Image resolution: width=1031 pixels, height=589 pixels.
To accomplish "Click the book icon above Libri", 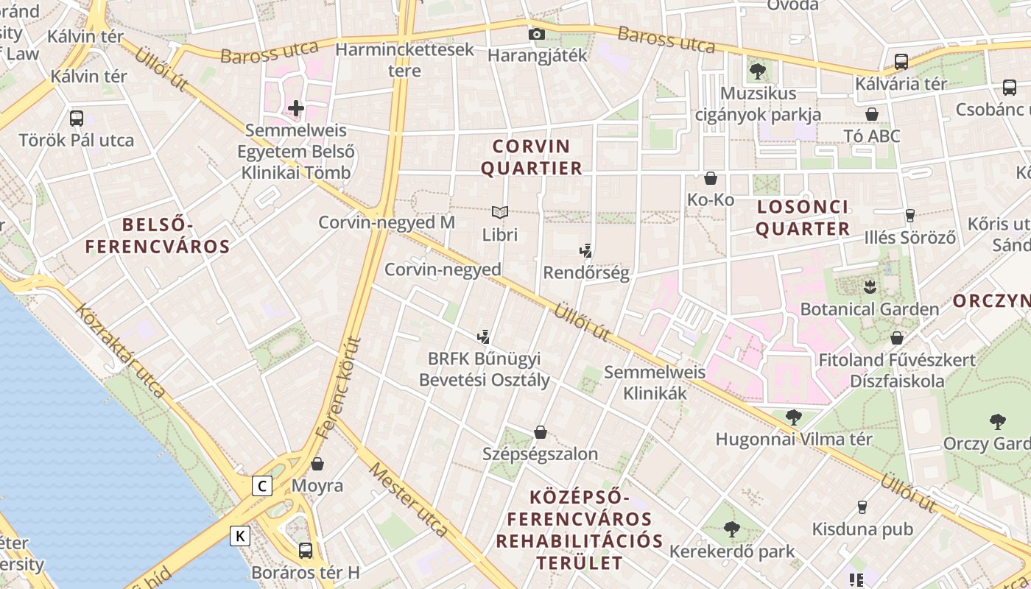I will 500,213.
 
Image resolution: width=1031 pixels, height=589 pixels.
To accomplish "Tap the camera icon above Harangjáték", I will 537,34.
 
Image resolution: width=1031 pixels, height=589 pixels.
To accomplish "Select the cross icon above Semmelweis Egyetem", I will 296,109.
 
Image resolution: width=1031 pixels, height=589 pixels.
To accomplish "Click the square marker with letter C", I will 261,486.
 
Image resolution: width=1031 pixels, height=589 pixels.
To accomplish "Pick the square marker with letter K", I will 239,536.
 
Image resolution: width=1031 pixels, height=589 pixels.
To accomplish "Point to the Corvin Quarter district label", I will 531,157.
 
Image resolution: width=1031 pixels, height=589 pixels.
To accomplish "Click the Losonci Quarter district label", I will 803,217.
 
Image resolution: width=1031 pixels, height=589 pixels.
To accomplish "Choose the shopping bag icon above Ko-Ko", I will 711,178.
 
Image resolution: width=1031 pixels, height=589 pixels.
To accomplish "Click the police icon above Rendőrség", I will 585,251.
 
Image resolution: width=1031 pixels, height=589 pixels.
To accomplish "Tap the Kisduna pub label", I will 862,529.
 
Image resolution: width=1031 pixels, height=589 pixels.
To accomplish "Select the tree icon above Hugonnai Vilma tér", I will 793,417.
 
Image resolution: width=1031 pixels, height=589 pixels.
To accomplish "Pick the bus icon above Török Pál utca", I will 76,118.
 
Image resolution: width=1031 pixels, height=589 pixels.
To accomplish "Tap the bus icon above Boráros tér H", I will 305,550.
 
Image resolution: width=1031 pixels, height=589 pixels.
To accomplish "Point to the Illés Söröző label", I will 909,237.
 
